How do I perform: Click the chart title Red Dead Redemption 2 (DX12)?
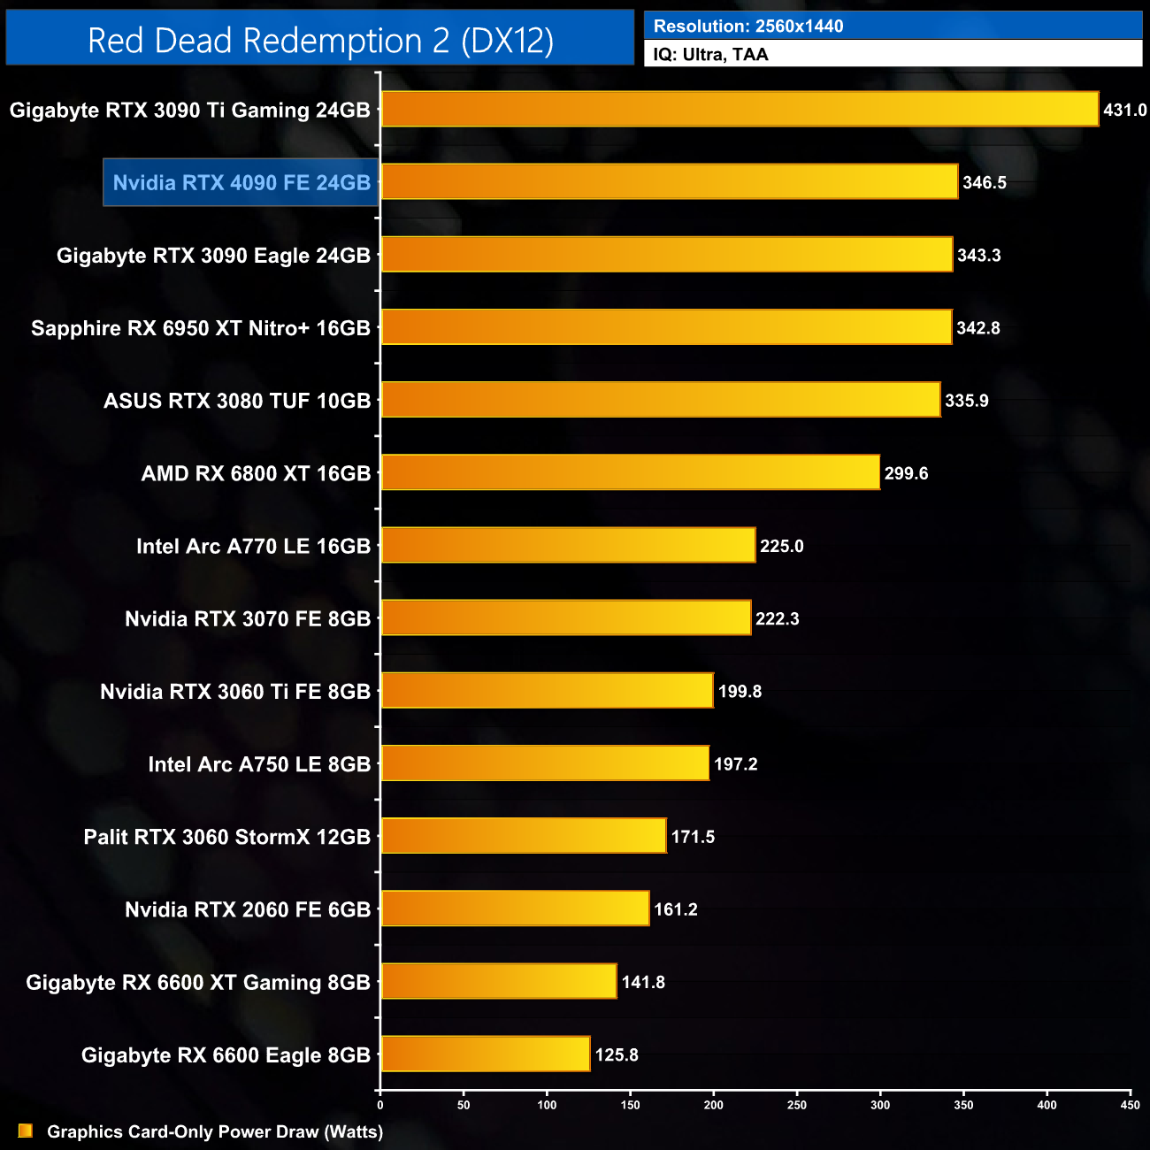tap(320, 41)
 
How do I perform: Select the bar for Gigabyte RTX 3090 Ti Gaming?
tap(740, 110)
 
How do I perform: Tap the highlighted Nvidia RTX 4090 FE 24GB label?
tap(241, 183)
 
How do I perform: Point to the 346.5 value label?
tap(985, 183)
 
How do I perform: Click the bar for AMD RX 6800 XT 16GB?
tap(630, 473)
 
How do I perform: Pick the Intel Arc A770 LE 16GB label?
tap(253, 547)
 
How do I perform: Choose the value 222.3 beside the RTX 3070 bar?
tap(778, 619)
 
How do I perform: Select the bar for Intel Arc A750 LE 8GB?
tap(545, 764)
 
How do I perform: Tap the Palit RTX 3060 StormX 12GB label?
tap(226, 837)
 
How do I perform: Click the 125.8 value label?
tap(617, 1055)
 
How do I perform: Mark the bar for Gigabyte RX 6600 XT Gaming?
tap(499, 982)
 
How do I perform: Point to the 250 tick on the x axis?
tap(797, 1105)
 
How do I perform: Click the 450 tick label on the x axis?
tap(1130, 1105)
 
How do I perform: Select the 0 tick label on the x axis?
tap(380, 1105)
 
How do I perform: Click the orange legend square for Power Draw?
tap(26, 1131)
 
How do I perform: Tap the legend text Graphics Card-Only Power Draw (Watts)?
tap(215, 1132)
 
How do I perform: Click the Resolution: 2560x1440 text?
tap(748, 27)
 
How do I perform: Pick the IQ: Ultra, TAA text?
tap(711, 55)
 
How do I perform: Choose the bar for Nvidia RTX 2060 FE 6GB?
tap(515, 909)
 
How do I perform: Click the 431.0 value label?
tap(1124, 111)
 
